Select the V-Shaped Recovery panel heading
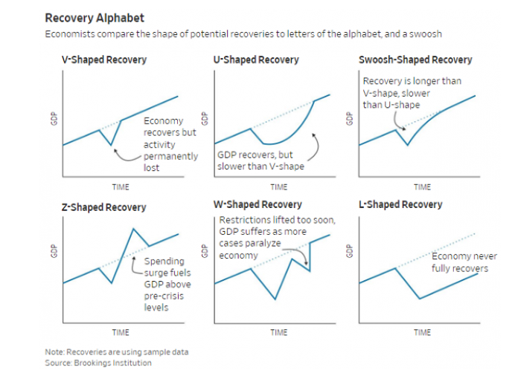(x=104, y=59)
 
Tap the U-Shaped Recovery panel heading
(x=255, y=59)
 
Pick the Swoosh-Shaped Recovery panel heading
(x=415, y=59)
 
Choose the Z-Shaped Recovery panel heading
(x=103, y=207)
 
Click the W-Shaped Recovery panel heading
(x=258, y=204)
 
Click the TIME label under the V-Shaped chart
(x=121, y=187)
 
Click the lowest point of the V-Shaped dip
(x=111, y=145)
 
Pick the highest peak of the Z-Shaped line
(x=133, y=228)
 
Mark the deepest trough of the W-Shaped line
(x=275, y=299)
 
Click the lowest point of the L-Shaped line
(x=420, y=298)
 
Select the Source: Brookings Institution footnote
(x=97, y=363)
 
